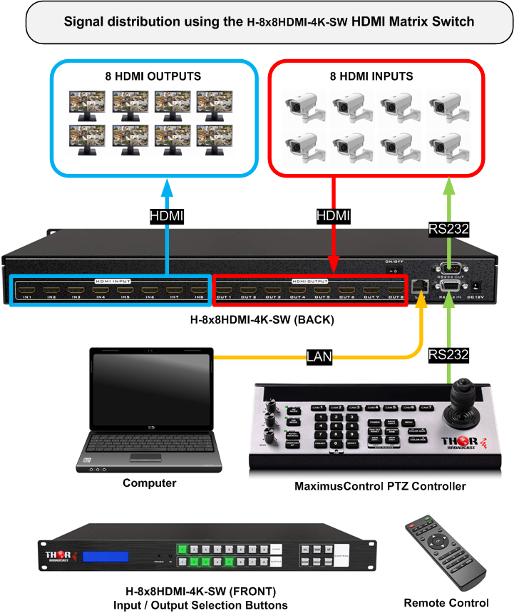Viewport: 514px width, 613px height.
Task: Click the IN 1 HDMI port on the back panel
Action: pyautogui.click(x=26, y=290)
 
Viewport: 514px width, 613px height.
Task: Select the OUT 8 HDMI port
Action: pyautogui.click(x=394, y=290)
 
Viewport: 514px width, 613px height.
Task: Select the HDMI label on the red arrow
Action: pyautogui.click(x=333, y=215)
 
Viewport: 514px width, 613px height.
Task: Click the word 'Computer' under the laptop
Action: pyautogui.click(x=149, y=483)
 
